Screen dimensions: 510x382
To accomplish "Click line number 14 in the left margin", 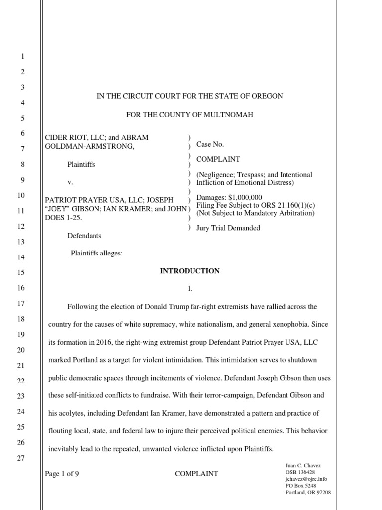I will click(x=21, y=257).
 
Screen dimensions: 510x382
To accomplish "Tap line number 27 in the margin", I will click(x=21, y=459).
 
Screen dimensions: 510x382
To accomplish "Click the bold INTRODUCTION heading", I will click(x=189, y=271).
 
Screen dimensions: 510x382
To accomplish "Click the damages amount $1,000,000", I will click(x=244, y=198).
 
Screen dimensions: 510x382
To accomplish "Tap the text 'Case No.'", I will click(x=210, y=144).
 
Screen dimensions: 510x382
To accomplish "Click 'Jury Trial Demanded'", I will click(x=228, y=228).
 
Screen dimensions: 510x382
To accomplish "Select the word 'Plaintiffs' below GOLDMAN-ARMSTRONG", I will click(x=81, y=164).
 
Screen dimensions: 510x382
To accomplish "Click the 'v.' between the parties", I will click(x=70, y=182).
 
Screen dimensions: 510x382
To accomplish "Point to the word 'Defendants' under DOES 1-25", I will click(x=84, y=236).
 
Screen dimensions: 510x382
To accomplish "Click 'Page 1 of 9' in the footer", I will click(x=62, y=474).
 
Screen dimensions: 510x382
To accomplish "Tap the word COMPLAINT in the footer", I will click(x=196, y=474).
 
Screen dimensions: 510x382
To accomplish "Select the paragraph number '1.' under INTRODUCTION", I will click(x=189, y=289).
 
